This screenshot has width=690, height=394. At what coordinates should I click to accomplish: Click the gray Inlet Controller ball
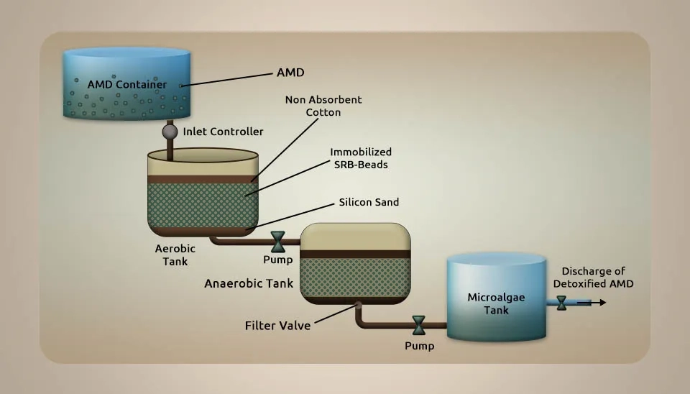pyautogui.click(x=170, y=131)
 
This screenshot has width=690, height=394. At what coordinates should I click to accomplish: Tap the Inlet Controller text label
pyautogui.click(x=223, y=132)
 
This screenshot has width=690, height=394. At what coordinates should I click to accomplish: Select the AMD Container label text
pyautogui.click(x=127, y=85)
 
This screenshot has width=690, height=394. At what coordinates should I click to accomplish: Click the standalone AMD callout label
pyautogui.click(x=290, y=73)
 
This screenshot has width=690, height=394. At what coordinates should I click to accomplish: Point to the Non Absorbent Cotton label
pyautogui.click(x=323, y=106)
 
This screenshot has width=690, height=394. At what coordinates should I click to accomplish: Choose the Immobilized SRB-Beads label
pyautogui.click(x=361, y=158)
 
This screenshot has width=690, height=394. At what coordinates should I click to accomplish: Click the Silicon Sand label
pyautogui.click(x=369, y=202)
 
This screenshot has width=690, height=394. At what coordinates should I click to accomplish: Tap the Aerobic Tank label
pyautogui.click(x=175, y=255)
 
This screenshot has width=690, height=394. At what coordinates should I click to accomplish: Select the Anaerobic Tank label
pyautogui.click(x=249, y=283)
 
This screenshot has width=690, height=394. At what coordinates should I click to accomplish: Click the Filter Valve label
pyautogui.click(x=277, y=326)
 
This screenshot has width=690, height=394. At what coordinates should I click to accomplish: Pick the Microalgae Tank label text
pyautogui.click(x=497, y=303)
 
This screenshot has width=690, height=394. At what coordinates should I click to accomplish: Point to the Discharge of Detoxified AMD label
pyautogui.click(x=593, y=278)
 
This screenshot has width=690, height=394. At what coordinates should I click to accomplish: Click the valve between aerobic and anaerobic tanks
pyautogui.click(x=278, y=242)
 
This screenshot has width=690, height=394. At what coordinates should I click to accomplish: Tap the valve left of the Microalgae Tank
pyautogui.click(x=419, y=325)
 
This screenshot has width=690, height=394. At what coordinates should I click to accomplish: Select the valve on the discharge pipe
pyautogui.click(x=561, y=303)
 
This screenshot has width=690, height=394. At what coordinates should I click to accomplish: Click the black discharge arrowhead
pyautogui.click(x=603, y=303)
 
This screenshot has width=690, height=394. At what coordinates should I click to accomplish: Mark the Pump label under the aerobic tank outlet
pyautogui.click(x=278, y=260)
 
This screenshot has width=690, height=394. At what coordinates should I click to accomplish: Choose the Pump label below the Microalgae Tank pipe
pyautogui.click(x=419, y=346)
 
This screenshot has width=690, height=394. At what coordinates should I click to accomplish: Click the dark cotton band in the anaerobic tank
pyautogui.click(x=355, y=254)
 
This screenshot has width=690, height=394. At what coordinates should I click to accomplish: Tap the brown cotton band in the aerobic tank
pyautogui.click(x=203, y=179)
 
